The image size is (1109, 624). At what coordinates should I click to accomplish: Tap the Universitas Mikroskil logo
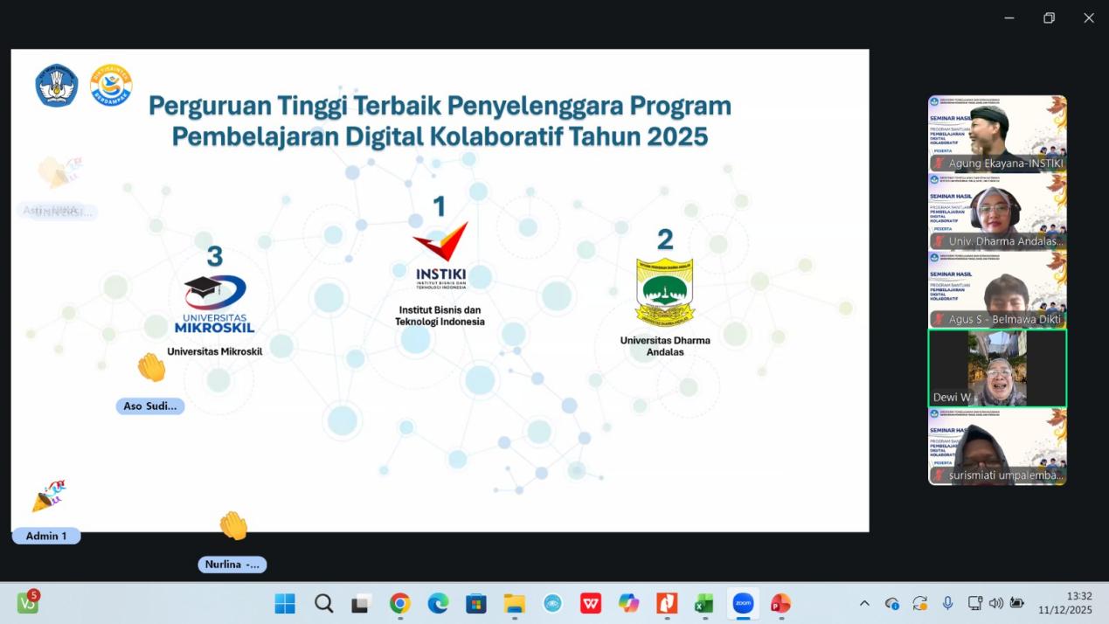click(x=215, y=303)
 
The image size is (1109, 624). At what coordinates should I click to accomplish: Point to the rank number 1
click(x=440, y=206)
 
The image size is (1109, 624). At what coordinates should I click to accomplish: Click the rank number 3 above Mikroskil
click(x=214, y=256)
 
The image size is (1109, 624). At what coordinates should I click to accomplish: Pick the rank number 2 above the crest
click(x=665, y=239)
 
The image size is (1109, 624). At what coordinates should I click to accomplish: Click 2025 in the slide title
click(x=676, y=137)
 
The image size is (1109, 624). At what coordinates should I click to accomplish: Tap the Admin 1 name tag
click(x=46, y=536)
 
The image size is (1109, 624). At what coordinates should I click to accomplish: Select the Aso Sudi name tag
click(x=150, y=406)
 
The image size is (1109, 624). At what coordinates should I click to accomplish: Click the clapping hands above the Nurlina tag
click(x=233, y=526)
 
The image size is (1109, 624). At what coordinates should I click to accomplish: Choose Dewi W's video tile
click(x=997, y=368)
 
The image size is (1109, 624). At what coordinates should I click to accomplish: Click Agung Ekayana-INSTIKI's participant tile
click(x=997, y=134)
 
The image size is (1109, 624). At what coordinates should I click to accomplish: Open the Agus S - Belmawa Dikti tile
click(x=997, y=290)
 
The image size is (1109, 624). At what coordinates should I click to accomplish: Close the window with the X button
click(x=1089, y=18)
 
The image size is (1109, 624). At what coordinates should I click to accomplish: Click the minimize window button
click(x=1009, y=18)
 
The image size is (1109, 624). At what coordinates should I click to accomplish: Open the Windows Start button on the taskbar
click(x=285, y=603)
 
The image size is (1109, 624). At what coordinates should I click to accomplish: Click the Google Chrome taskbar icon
click(x=400, y=603)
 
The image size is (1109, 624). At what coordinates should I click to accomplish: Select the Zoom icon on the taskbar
click(x=743, y=603)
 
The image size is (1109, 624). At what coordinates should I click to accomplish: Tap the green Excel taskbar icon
click(x=704, y=603)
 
